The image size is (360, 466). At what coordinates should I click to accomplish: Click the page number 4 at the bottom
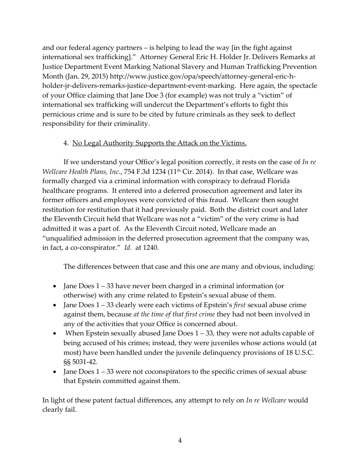180,440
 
